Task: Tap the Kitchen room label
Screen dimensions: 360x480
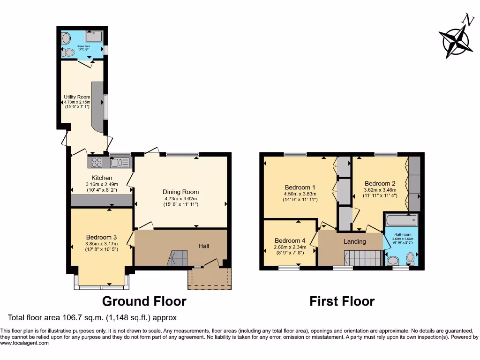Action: coord(102,178)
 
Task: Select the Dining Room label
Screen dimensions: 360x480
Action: coord(180,192)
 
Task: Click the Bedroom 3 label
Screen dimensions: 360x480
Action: coord(102,237)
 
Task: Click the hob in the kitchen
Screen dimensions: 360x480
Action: coord(97,162)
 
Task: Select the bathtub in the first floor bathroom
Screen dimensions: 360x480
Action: coord(401,219)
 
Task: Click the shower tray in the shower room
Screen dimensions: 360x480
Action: coord(94,37)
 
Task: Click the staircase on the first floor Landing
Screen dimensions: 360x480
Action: coord(364,258)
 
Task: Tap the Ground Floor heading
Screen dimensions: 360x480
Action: coord(144,301)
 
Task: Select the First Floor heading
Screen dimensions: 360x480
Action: coord(342,301)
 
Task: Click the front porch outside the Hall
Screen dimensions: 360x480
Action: coord(209,278)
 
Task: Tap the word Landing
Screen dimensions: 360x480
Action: coord(355,242)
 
